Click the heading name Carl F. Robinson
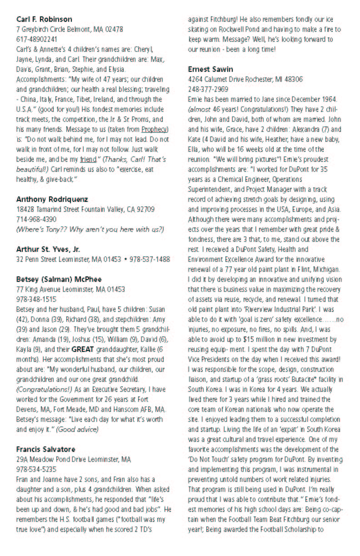(x=44, y=19)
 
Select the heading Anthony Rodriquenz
(x=52, y=199)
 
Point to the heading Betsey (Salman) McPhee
(x=59, y=279)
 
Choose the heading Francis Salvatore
(x=46, y=449)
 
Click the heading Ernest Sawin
(x=210, y=69)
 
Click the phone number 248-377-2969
(x=208, y=89)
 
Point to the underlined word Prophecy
(x=154, y=129)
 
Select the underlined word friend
(x=88, y=160)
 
